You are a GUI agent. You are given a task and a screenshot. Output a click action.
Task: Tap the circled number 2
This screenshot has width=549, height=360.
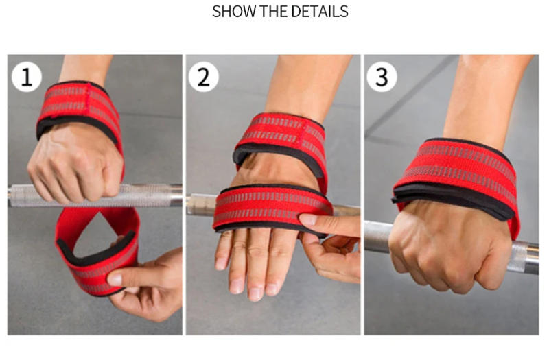204,77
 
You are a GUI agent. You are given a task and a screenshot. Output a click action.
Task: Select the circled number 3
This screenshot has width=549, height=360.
382,77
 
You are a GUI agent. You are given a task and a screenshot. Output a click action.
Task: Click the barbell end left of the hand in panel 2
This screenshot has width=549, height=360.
200,203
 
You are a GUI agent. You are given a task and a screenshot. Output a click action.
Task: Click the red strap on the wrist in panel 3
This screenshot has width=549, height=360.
456,175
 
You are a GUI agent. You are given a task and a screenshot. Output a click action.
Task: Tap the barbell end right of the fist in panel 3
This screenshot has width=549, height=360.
525,254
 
